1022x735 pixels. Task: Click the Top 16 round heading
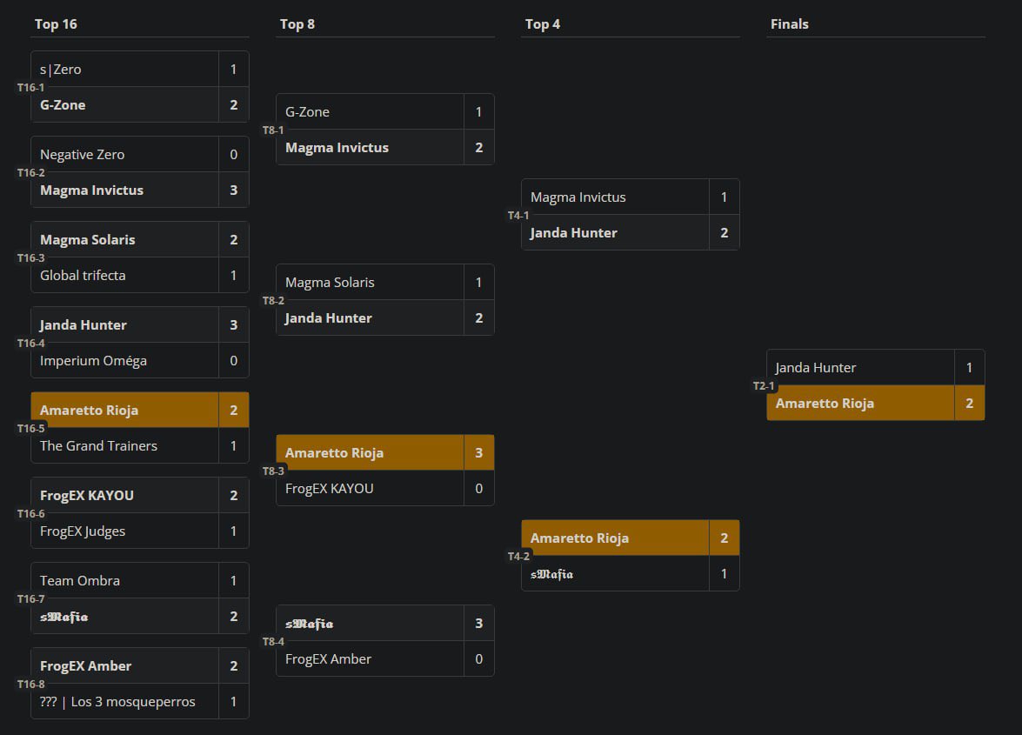tap(56, 24)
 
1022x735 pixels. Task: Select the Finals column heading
tap(789, 24)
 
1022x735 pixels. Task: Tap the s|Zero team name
tap(61, 70)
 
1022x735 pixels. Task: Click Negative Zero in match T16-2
tap(83, 155)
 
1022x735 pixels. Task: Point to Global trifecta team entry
tap(83, 276)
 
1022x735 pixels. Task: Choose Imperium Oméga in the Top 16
tap(93, 361)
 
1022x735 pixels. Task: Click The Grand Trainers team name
tap(98, 446)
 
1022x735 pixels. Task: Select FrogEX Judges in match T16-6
tap(83, 531)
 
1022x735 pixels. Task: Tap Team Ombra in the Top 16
tap(80, 581)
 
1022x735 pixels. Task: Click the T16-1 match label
tap(30, 88)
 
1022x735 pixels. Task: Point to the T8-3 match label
tap(274, 471)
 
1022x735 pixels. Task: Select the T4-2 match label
tap(519, 557)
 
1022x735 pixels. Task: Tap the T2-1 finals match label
tap(765, 386)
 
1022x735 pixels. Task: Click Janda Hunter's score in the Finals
tap(970, 368)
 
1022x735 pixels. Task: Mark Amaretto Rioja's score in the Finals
tap(970, 404)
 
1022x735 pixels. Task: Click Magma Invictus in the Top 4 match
tap(578, 197)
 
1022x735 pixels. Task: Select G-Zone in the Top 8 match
tap(307, 112)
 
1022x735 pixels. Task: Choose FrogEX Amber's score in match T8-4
tap(479, 659)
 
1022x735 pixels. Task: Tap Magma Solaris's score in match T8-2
tap(479, 283)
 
